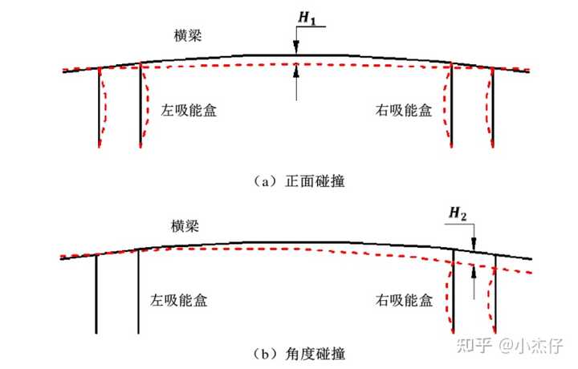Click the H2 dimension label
tap(458, 213)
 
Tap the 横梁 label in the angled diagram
tap(185, 226)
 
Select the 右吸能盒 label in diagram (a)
tap(405, 110)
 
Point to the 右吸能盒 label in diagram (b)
tap(404, 301)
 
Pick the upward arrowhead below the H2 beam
tap(474, 273)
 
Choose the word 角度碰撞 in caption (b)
tap(314, 352)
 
